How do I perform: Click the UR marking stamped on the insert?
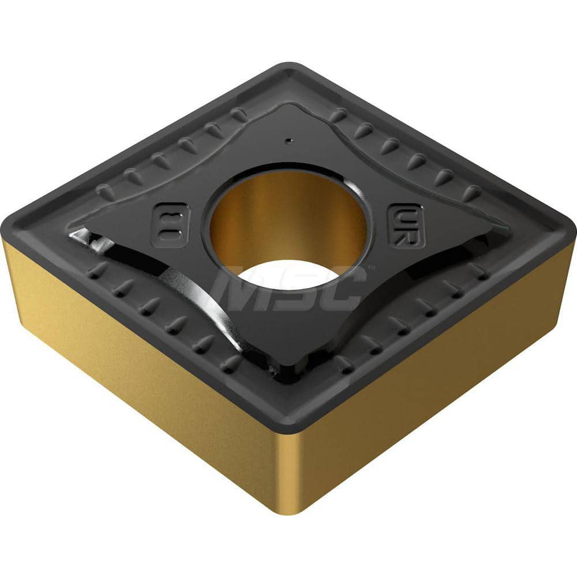pos(406,226)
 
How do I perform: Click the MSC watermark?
pos(288,288)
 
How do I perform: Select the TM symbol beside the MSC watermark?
pos(370,268)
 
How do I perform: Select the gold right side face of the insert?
pos(439,369)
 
